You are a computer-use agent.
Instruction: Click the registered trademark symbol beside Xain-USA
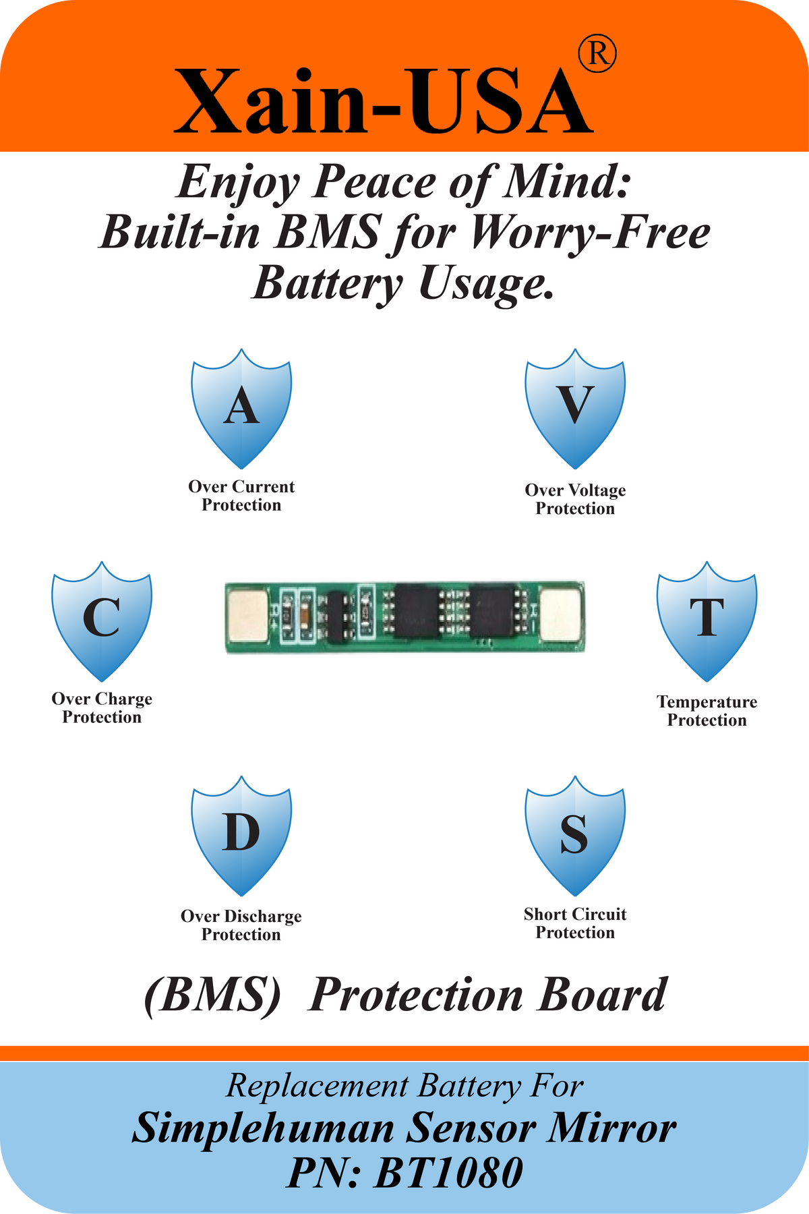[597, 54]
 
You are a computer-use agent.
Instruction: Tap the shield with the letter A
[241, 409]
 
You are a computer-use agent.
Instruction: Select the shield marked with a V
[575, 409]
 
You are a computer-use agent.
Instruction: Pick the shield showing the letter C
[102, 621]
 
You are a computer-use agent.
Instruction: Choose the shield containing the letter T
[707, 621]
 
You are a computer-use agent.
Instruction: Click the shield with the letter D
[241, 836]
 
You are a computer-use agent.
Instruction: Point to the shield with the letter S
[575, 836]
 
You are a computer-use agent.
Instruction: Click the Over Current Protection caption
[241, 496]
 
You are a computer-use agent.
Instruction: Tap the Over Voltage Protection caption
[575, 499]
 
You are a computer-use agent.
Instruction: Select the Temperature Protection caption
[707, 711]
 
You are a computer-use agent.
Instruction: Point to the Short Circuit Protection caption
[575, 923]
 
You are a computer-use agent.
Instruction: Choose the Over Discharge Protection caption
[241, 925]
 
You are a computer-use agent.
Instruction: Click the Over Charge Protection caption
[102, 707]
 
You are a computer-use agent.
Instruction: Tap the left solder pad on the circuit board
[248, 614]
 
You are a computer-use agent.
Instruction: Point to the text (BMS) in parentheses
[212, 995]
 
